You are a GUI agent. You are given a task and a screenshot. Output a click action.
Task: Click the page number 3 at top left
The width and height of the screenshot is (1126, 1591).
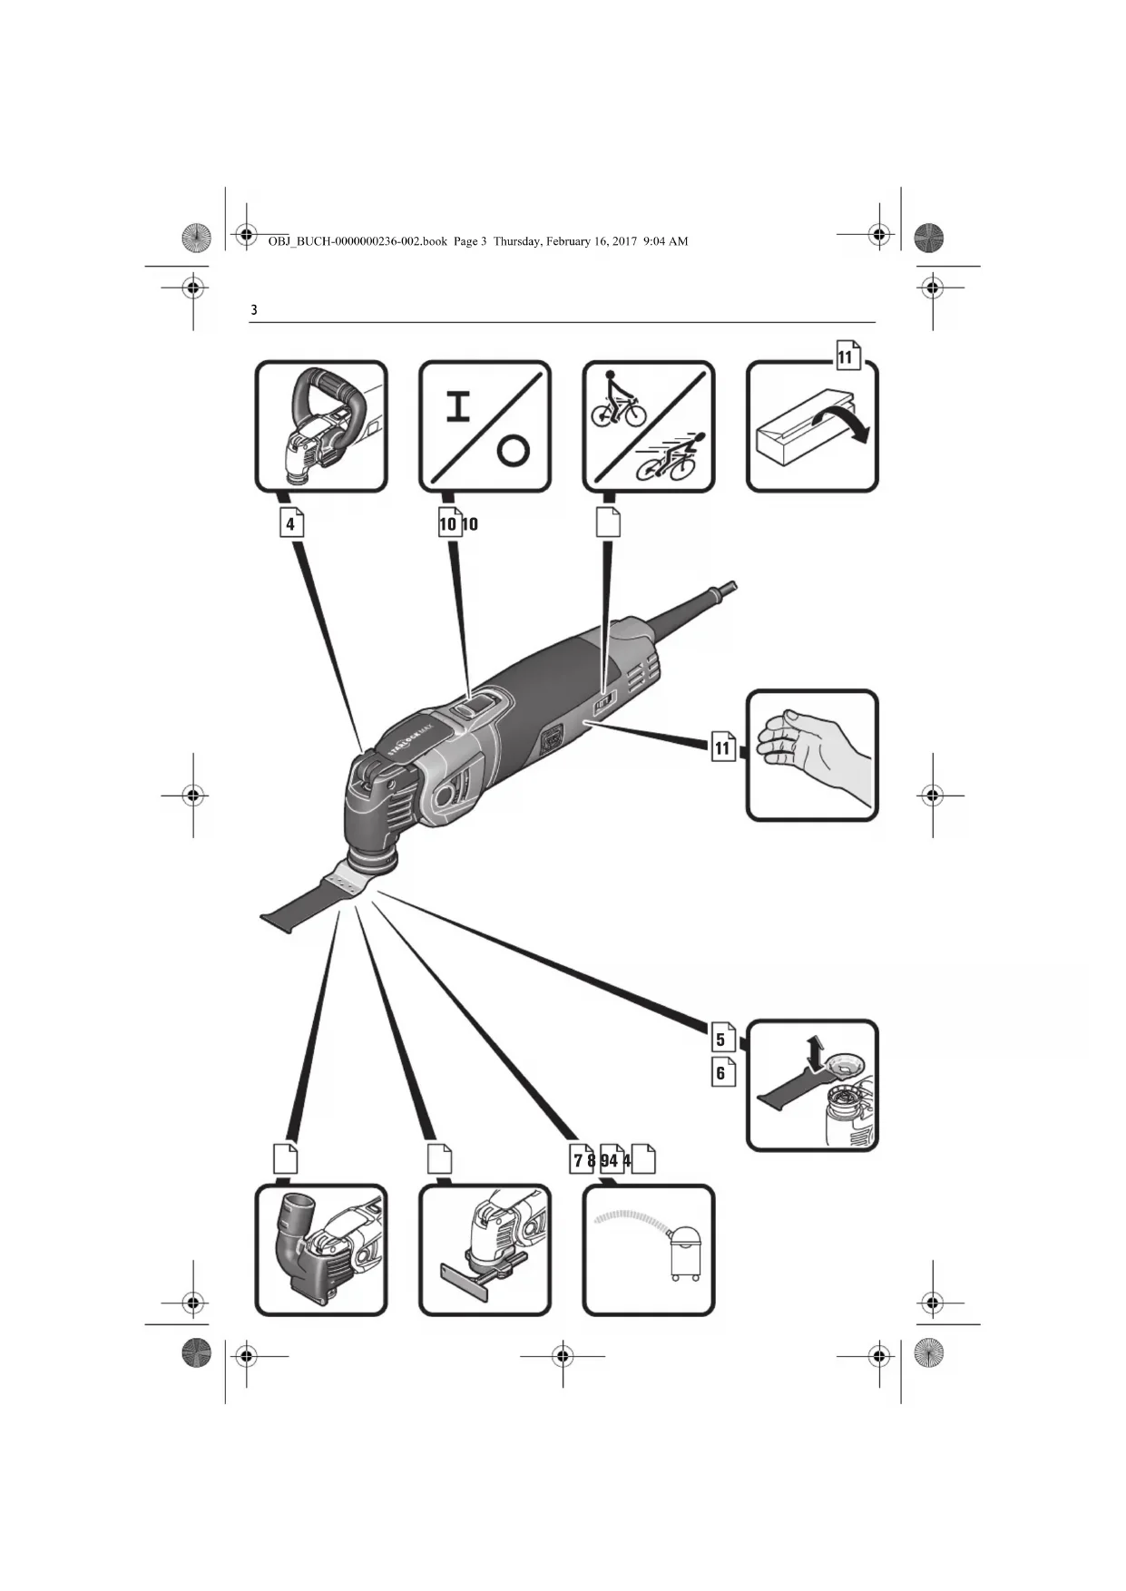(254, 310)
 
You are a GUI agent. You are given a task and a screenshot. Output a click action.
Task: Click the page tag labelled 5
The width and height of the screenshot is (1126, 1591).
(722, 1039)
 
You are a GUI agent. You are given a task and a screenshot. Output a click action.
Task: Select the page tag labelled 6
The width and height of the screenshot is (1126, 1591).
(722, 1073)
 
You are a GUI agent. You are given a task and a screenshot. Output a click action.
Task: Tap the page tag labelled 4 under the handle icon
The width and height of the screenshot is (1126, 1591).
(290, 523)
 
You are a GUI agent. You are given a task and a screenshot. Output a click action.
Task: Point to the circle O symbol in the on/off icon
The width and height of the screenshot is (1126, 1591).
(513, 450)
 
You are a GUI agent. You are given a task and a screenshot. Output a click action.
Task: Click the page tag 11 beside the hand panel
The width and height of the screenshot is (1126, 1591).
(722, 747)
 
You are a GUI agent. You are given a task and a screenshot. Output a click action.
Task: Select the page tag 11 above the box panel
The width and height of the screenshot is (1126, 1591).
(847, 356)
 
